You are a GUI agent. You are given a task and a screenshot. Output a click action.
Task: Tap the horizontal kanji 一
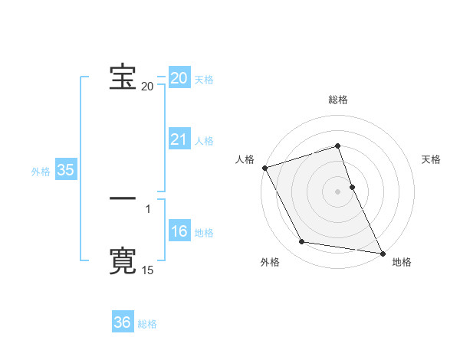point(123,198)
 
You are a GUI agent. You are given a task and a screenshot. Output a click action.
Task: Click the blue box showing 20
point(179,78)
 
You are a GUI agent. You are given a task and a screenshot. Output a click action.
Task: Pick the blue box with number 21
point(179,139)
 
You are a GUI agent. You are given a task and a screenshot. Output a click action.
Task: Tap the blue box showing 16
point(179,231)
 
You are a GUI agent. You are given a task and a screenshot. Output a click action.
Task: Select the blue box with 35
point(65,170)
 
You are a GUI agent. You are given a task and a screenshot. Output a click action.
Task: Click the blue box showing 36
point(123,322)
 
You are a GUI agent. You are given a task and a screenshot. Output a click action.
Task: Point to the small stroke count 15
point(147,270)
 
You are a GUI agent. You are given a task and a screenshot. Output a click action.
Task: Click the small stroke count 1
point(148,208)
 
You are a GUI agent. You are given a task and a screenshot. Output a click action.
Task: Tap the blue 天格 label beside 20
point(204,80)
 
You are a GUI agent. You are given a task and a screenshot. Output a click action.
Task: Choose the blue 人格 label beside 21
point(204,141)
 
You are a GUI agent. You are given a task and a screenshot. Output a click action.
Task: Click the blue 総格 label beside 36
point(147,324)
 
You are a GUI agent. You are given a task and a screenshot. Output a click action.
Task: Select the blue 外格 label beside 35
point(41,172)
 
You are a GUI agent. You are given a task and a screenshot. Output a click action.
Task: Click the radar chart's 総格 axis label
point(338,100)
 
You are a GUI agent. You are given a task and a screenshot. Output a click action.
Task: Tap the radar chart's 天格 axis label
point(431,159)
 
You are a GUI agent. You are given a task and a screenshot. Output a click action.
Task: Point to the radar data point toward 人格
point(265,168)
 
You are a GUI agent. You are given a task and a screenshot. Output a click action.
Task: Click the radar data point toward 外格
point(302,242)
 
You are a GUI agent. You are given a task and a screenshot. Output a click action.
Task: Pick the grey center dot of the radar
point(338,191)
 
